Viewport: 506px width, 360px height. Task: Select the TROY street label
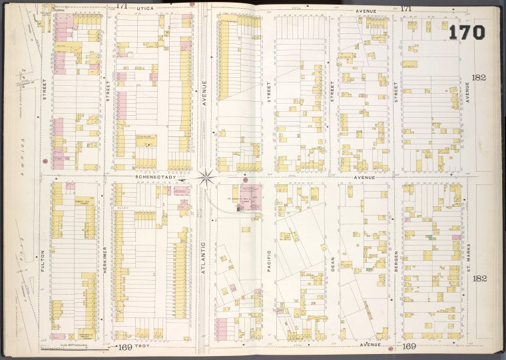pos(144,347)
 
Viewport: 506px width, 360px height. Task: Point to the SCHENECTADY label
pos(155,178)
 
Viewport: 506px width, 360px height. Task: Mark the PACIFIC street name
pos(269,260)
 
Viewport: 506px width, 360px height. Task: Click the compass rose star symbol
pos(207,177)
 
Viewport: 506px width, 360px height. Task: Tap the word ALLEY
pos(123,207)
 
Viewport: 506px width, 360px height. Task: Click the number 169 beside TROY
pos(123,347)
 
